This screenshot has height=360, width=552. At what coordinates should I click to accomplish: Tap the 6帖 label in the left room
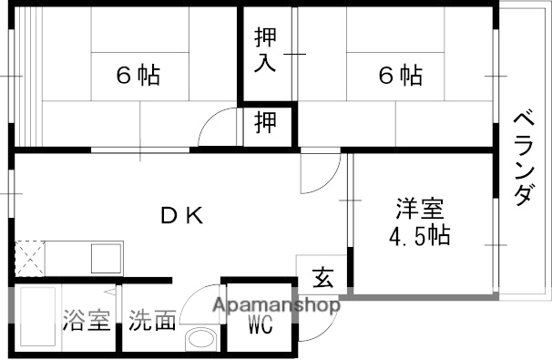coord(138,76)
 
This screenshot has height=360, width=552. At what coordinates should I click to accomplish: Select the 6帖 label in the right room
coord(400,76)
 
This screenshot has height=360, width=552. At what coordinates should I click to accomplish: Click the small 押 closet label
coord(265,122)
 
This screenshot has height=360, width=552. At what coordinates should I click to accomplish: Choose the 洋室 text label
coord(419,208)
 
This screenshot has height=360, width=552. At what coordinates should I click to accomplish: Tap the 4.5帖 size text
coord(419,238)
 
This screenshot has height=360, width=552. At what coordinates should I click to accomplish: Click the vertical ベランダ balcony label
coord(523,158)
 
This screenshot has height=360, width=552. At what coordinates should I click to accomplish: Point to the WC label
coord(261,324)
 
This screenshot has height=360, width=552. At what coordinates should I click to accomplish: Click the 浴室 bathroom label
coord(86,322)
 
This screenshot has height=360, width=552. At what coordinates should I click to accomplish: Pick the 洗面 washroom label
coord(151,322)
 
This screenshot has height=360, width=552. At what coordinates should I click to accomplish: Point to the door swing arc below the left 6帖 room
coord(219,128)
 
